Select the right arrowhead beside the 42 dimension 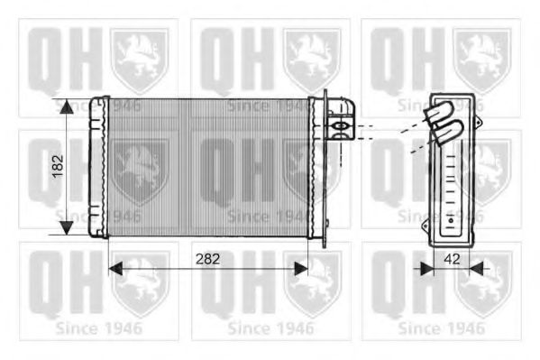(x=477, y=268)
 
